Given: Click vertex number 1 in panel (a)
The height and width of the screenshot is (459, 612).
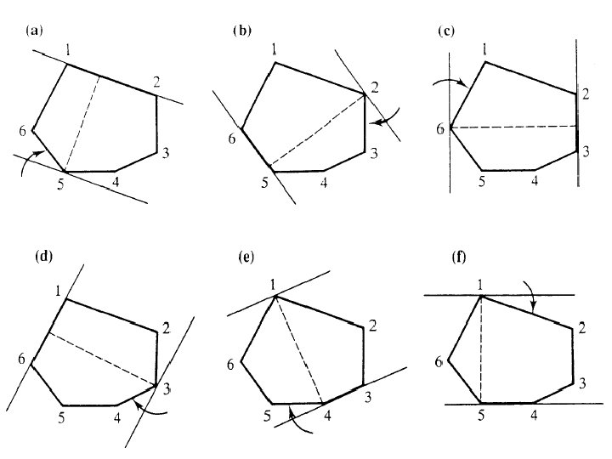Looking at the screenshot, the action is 67,47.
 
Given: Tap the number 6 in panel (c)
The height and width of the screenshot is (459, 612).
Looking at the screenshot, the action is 439,129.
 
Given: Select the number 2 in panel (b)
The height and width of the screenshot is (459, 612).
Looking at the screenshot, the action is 374,87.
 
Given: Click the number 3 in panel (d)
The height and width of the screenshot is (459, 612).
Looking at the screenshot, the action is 167,388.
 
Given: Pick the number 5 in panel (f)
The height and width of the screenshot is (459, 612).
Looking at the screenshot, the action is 481,416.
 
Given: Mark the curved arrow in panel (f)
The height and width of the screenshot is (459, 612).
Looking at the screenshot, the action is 530,298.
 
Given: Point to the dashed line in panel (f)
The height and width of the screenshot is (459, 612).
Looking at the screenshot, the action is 481,348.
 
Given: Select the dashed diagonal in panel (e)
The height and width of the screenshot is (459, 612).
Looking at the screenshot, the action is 297,348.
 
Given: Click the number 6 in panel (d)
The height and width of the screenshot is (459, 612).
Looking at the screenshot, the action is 20,358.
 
